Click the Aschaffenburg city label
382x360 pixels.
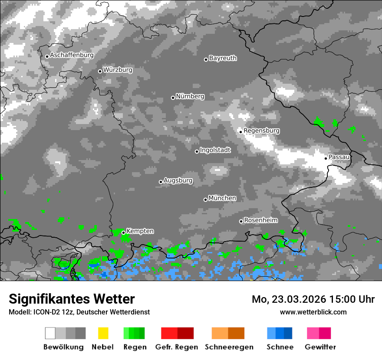pos(72,56)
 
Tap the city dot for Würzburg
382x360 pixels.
pos(100,71)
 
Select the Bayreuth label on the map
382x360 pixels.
pos(223,58)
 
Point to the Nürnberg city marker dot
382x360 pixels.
pos(173,98)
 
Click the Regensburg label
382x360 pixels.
pos(261,131)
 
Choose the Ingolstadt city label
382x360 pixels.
pos(215,150)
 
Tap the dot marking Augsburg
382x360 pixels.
pos(161,182)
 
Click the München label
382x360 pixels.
pos(222,198)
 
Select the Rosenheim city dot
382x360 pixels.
pos(241,221)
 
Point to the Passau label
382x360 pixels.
pos(339,157)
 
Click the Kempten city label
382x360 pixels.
pos(140,231)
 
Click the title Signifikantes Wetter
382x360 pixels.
pos(72,299)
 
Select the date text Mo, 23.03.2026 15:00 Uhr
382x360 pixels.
pos(313,299)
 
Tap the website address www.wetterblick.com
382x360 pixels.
pos(313,312)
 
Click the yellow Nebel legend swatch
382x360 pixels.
pos(103,333)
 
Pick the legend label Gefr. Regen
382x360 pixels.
pos(177,347)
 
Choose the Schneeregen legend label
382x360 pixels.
pos(227,347)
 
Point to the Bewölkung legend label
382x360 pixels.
pos(63,347)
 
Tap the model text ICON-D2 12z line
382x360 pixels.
pos(79,312)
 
